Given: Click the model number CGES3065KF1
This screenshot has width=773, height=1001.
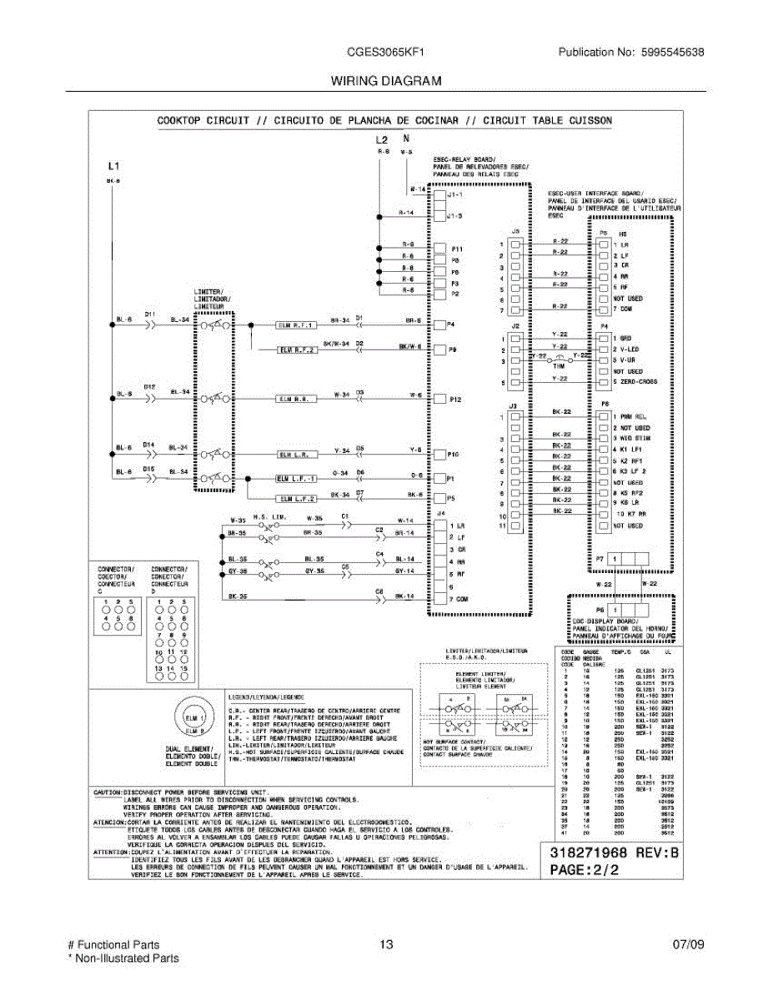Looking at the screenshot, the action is coord(386,52).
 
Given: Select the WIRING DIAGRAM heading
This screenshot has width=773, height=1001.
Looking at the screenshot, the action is coord(386,82).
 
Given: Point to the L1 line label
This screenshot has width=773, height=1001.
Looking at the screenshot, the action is coord(114,165).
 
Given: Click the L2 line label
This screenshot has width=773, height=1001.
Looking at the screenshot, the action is coord(382,139).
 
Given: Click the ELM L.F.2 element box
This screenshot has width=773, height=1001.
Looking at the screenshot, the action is coord(296,498).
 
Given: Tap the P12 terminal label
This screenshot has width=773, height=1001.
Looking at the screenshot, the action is coord(455,400).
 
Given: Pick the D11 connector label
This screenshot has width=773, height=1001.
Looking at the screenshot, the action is coord(150,314).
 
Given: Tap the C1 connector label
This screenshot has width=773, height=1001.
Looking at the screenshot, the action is coord(344,516).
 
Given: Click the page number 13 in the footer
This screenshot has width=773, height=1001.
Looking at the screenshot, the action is coord(385,945).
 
